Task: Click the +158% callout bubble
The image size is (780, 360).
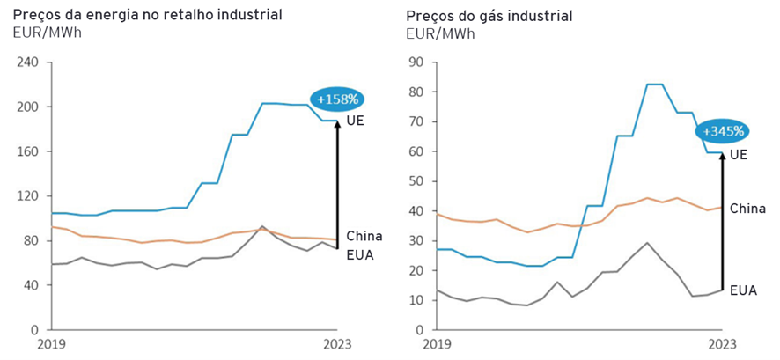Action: [x=335, y=99]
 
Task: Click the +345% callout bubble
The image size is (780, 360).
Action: [x=723, y=131]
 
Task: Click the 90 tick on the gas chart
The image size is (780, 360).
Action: [x=419, y=62]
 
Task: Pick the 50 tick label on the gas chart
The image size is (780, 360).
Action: [x=419, y=181]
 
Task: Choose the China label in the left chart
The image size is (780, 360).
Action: [x=364, y=236]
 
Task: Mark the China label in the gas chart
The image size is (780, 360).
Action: [x=748, y=209]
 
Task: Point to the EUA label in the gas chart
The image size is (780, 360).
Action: [x=744, y=290]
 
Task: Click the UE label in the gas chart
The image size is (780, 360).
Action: [x=740, y=154]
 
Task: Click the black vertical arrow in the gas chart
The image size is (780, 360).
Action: [x=723, y=220]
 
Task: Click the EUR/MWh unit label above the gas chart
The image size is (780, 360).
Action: [x=440, y=34]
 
